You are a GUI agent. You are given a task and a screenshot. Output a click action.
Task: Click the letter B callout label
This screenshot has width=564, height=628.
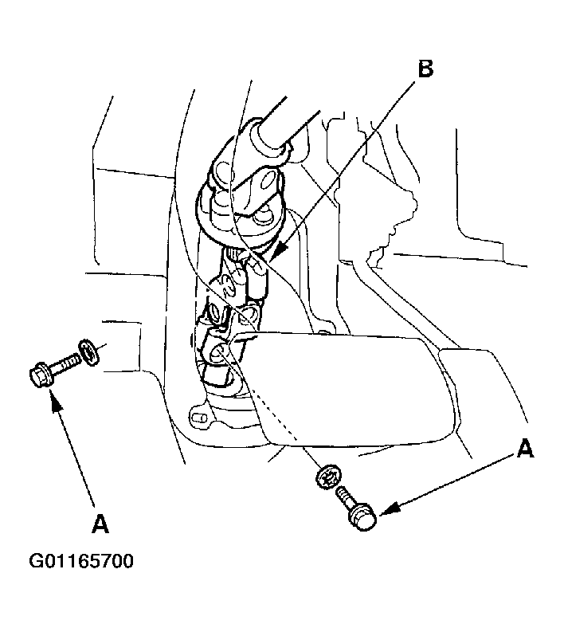click(x=425, y=69)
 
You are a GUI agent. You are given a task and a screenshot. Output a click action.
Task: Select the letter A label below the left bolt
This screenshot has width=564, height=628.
click(x=100, y=524)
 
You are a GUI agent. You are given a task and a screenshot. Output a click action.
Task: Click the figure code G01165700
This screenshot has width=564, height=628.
click(x=81, y=561)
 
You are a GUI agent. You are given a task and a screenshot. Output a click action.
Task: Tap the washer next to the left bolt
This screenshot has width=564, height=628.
click(x=89, y=352)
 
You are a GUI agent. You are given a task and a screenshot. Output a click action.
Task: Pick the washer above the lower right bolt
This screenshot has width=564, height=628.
click(x=329, y=477)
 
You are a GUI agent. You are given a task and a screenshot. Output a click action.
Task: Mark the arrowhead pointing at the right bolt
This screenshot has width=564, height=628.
click(x=388, y=509)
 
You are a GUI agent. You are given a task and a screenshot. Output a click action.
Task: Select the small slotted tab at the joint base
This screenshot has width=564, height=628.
click(x=199, y=418)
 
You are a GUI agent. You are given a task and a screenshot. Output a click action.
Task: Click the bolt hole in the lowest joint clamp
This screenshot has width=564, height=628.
click(x=220, y=352)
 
